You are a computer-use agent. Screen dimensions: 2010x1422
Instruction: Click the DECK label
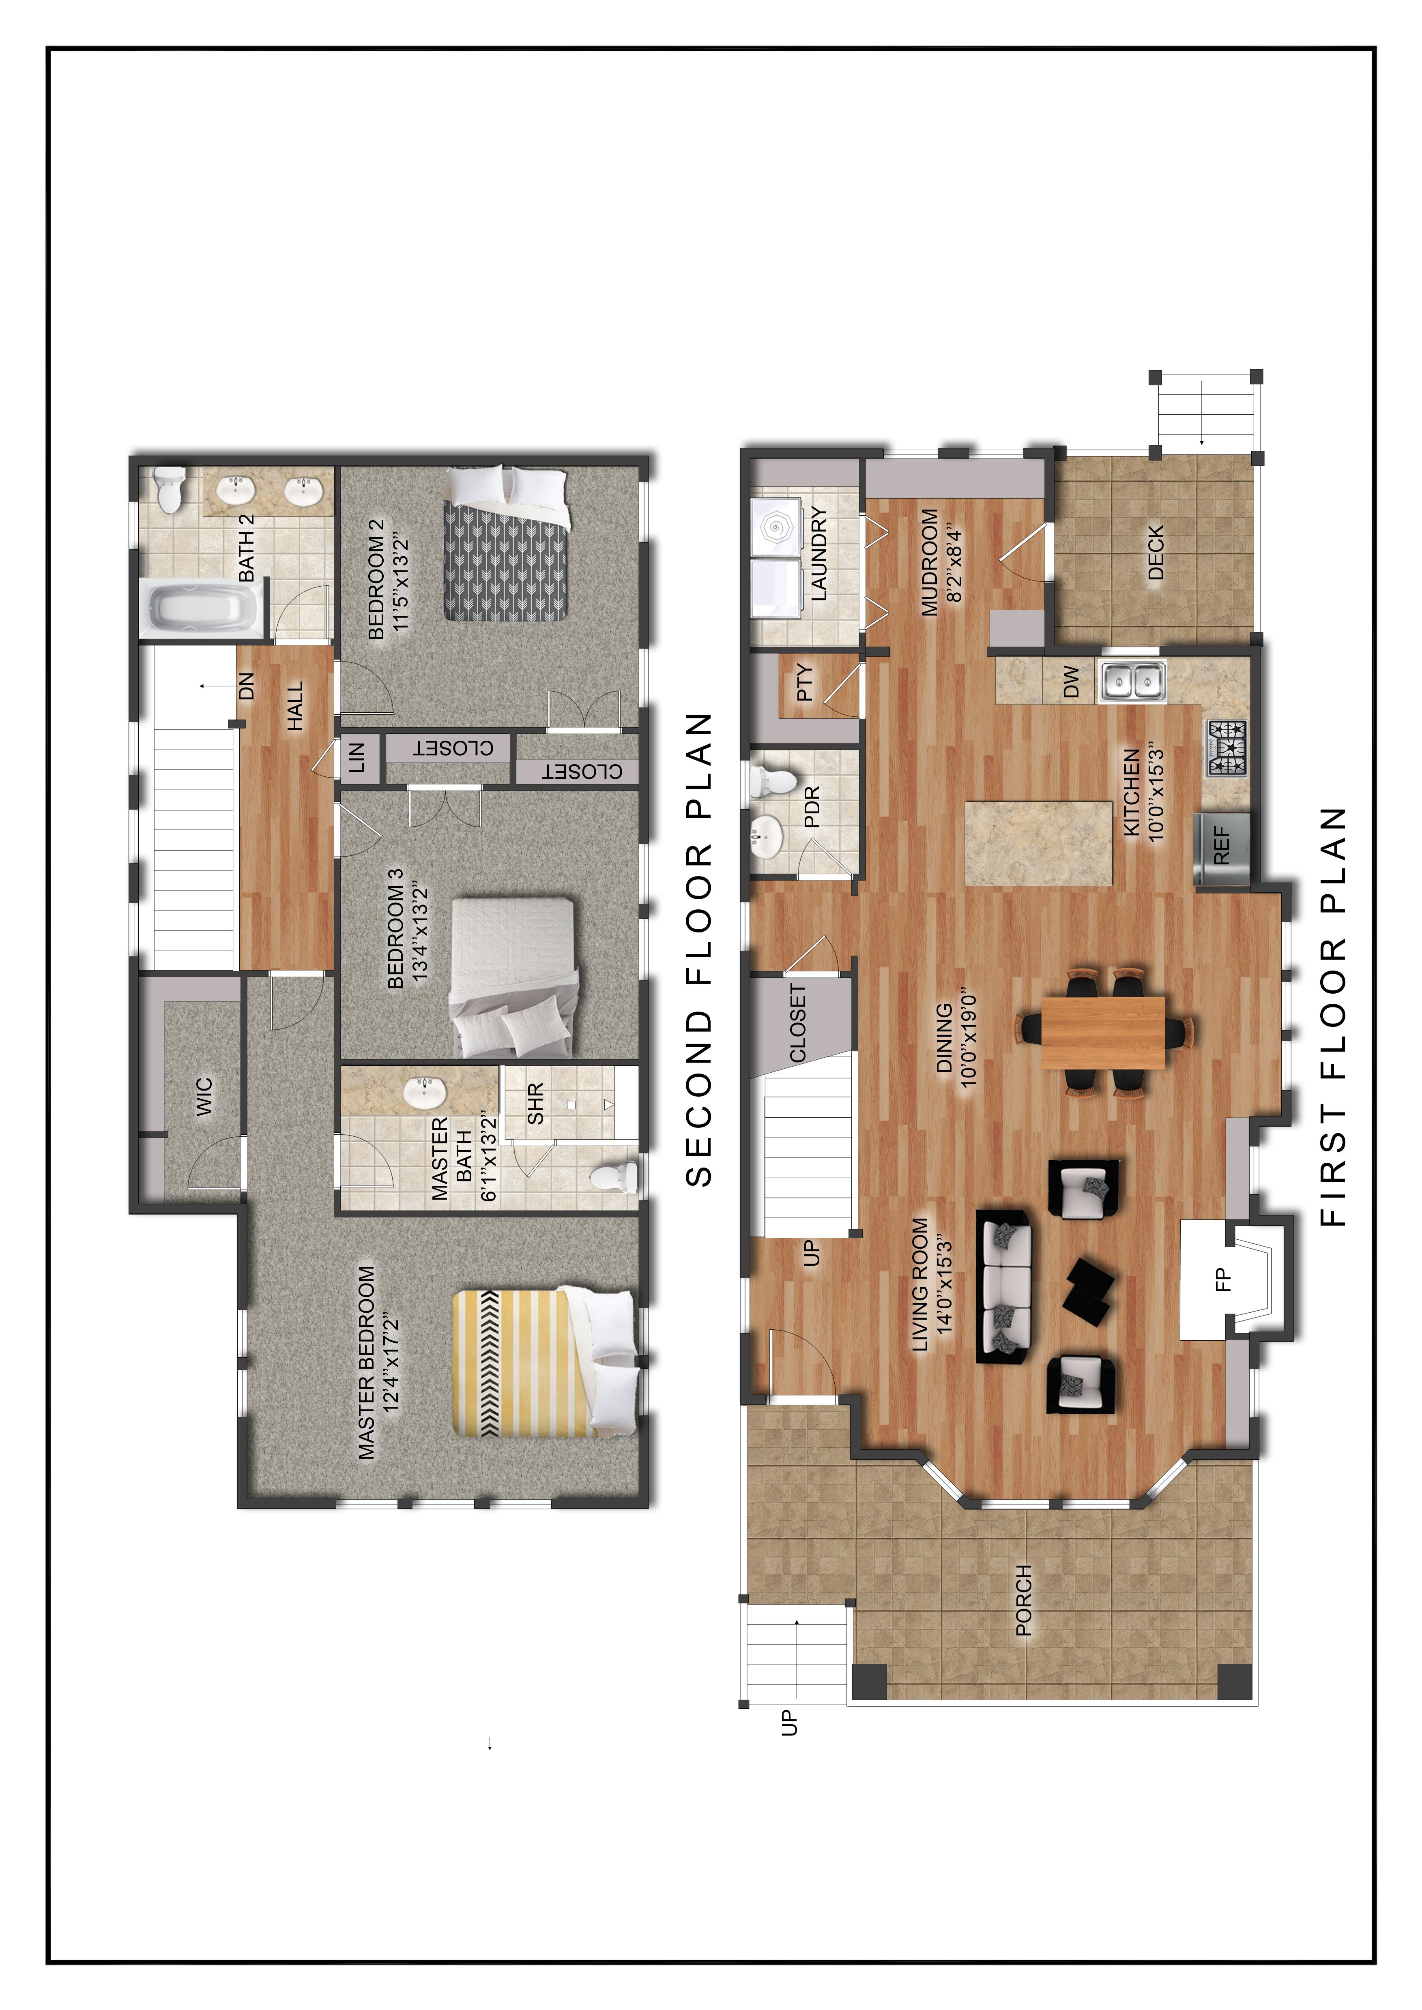1155,553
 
